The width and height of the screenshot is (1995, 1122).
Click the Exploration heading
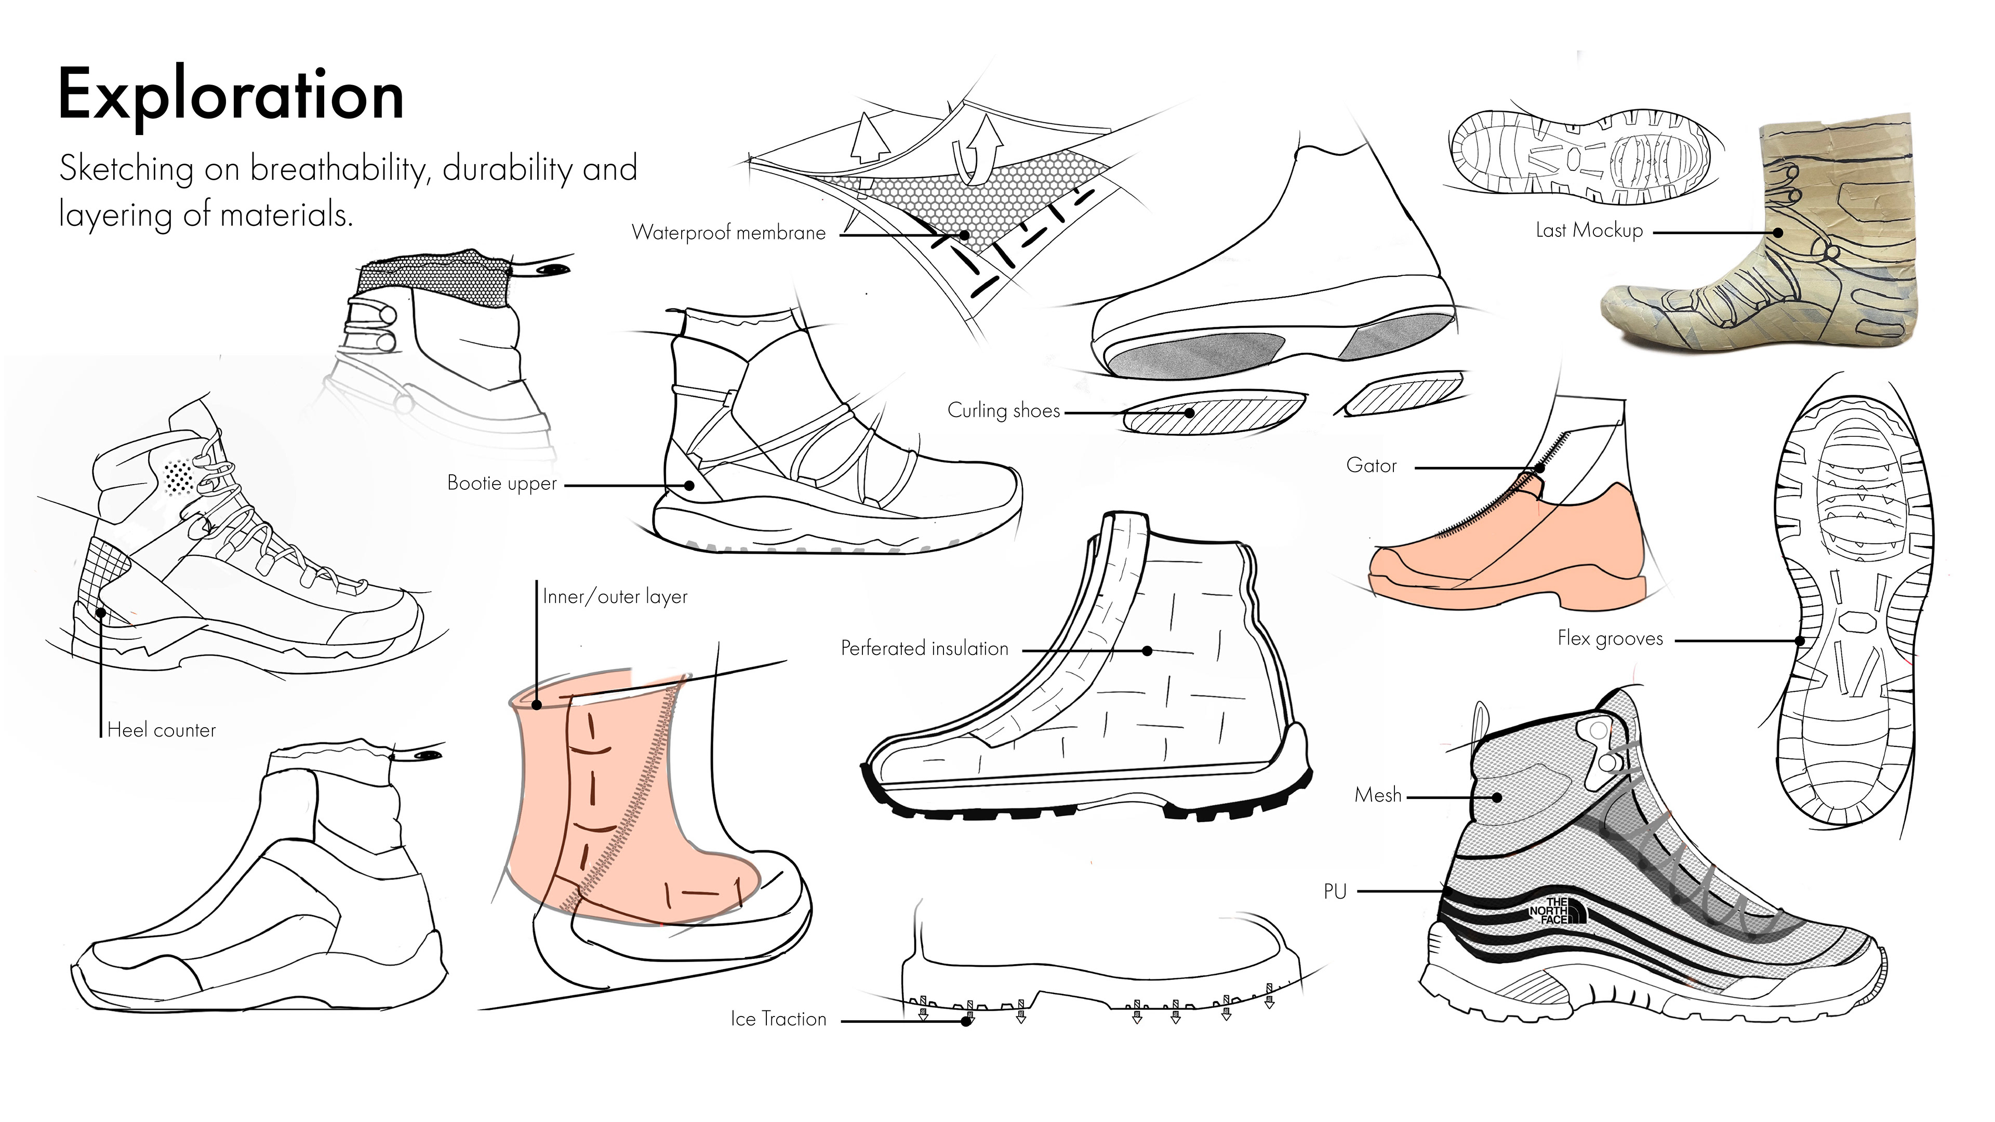(231, 95)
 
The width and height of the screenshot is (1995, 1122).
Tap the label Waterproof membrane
(728, 232)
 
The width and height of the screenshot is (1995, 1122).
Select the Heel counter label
(161, 730)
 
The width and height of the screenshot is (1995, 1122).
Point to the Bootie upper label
(502, 483)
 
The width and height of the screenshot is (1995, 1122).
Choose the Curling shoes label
(1003, 410)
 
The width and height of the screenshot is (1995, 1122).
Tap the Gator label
(1371, 465)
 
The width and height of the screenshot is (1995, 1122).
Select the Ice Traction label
(778, 1019)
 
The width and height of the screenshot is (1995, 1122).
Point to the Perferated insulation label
(925, 648)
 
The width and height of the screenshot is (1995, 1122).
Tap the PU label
(1334, 892)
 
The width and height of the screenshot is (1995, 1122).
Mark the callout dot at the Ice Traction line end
(966, 1021)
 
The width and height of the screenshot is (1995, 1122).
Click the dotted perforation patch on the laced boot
(180, 476)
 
